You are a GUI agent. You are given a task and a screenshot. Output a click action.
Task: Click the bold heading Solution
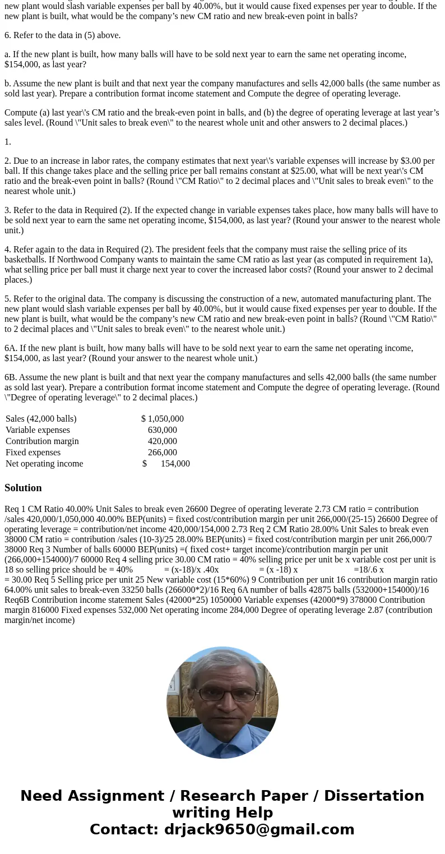tap(23, 488)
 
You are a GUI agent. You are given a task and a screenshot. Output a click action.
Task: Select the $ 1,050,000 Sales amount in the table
tap(163, 419)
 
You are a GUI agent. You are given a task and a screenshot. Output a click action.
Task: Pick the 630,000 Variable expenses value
tap(163, 430)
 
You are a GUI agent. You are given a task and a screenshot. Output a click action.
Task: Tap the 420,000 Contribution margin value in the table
tap(163, 441)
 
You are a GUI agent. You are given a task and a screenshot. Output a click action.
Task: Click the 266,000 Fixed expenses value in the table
tap(163, 453)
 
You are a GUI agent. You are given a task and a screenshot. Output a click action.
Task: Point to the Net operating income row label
tap(44, 464)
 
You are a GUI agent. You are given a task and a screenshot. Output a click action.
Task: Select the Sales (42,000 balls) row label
tap(41, 419)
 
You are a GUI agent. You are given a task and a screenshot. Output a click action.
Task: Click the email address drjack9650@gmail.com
tap(259, 830)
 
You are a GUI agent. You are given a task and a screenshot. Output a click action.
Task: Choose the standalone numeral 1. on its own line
tap(8, 142)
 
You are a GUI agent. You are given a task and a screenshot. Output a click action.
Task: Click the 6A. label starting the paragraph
tap(11, 348)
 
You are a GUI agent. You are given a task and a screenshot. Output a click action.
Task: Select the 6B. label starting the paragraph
tap(11, 377)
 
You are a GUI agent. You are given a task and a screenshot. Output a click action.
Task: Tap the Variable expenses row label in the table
tap(38, 430)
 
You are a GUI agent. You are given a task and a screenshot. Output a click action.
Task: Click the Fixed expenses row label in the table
tap(33, 453)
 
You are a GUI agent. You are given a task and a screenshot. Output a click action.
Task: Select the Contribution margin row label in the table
tap(42, 441)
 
